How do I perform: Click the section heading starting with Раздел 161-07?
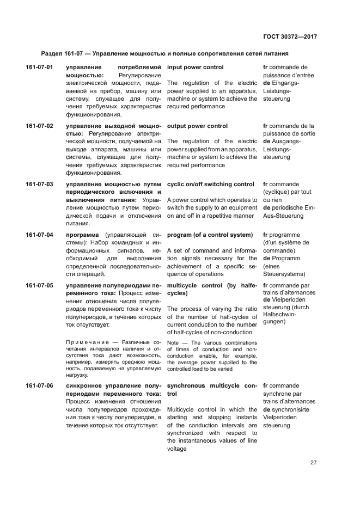[164, 54]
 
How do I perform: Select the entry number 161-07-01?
[39, 68]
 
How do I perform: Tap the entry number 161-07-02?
[39, 126]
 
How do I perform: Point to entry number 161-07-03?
[39, 185]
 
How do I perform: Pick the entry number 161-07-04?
[39, 235]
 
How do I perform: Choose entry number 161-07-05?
[39, 285]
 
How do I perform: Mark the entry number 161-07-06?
[39, 386]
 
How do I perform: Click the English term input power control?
[195, 68]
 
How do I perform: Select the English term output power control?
[197, 126]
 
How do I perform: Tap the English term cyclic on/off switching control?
[210, 185]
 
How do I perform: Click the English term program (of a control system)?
[210, 235]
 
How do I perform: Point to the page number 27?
[313, 463]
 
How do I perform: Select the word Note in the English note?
[173, 342]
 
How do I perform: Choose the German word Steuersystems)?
[284, 274]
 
